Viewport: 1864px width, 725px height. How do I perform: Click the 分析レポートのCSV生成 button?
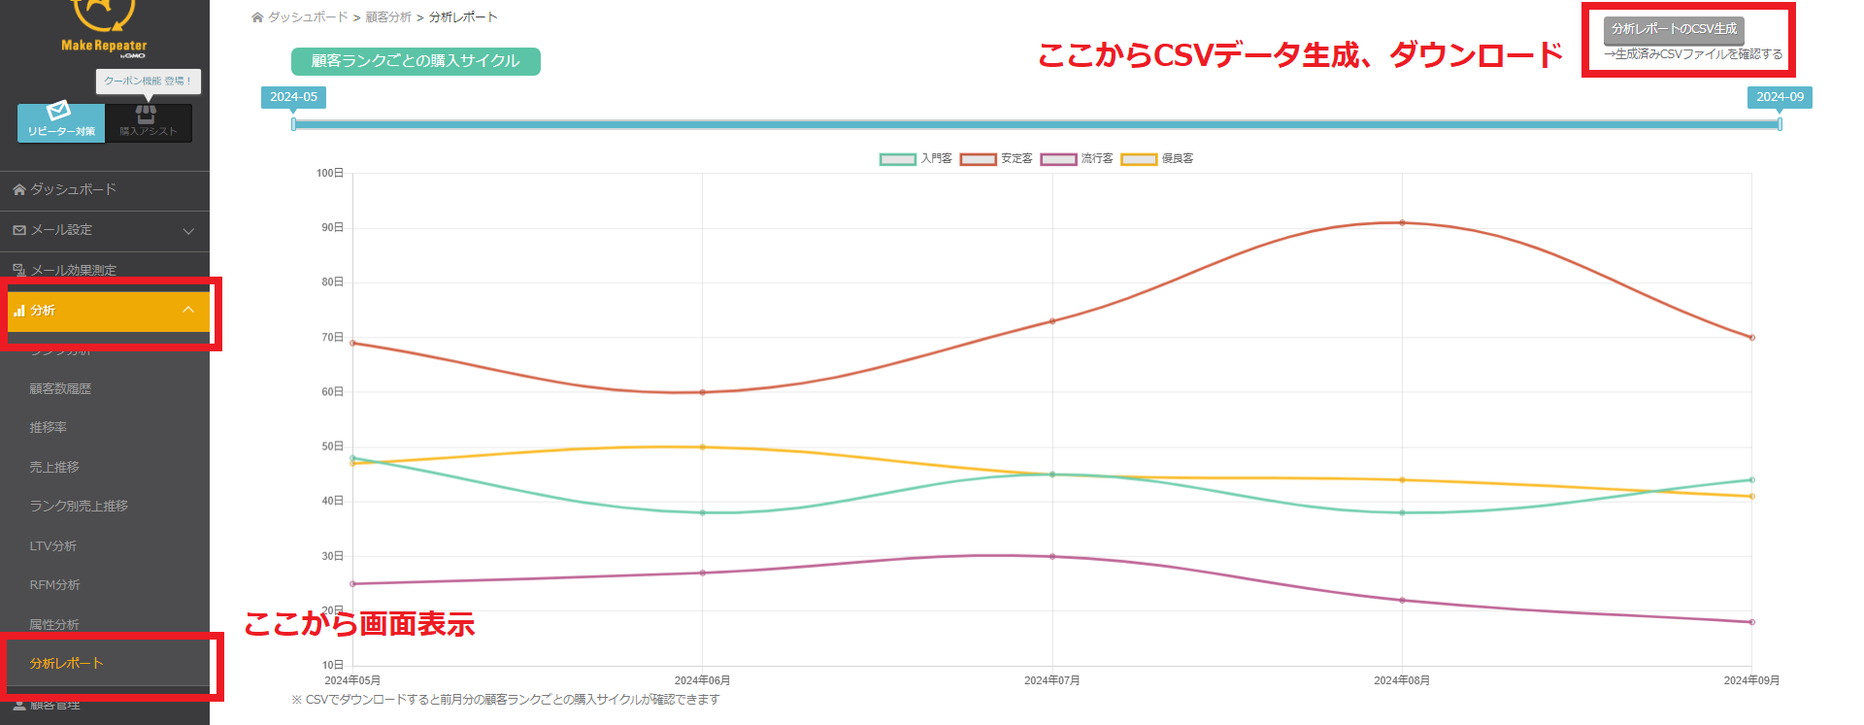click(1674, 29)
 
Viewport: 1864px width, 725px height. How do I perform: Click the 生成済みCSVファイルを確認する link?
click(1693, 54)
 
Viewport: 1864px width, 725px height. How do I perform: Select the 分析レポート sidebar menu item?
click(66, 663)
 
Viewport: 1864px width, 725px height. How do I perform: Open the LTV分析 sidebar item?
click(53, 545)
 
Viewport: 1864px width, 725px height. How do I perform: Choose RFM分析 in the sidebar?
click(54, 584)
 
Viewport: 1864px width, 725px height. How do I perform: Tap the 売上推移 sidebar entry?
click(54, 467)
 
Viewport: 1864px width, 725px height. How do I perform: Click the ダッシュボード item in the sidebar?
click(73, 189)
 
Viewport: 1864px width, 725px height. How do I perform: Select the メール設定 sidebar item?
click(61, 230)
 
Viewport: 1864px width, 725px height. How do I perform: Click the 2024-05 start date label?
click(293, 97)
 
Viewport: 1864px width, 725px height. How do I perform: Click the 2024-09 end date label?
click(1780, 97)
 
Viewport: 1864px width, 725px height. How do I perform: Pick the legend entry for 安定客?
click(997, 158)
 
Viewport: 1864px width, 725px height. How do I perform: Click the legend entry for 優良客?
click(1157, 158)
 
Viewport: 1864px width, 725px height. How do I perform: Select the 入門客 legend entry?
click(916, 158)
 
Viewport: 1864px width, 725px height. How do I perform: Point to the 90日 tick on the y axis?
click(330, 227)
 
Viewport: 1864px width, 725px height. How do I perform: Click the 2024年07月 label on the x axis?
click(1052, 680)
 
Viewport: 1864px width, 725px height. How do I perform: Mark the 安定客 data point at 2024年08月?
click(1402, 223)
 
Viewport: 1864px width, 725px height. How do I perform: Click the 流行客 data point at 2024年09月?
click(1751, 622)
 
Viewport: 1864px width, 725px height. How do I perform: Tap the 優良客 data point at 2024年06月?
click(703, 447)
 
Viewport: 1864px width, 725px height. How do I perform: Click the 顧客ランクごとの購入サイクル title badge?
click(416, 61)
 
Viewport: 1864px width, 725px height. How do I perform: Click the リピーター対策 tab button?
click(61, 122)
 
